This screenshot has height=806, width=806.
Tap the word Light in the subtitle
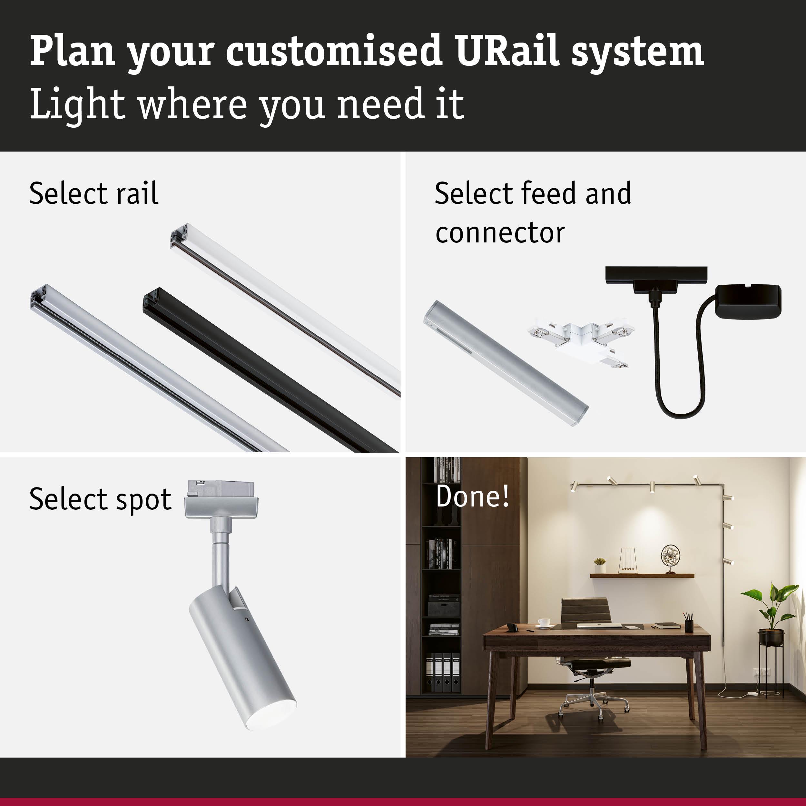click(x=77, y=104)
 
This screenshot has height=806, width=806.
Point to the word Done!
click(x=472, y=496)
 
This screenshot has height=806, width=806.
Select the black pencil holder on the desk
click(x=689, y=626)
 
